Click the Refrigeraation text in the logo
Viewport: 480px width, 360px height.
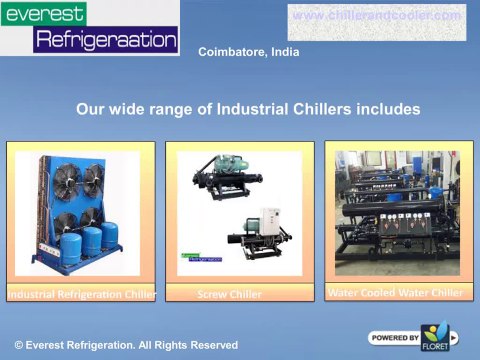tap(105, 40)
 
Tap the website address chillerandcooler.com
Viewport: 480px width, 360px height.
tap(377, 16)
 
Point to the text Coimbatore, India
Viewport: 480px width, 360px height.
tap(249, 52)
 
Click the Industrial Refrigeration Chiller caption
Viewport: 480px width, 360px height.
tap(81, 295)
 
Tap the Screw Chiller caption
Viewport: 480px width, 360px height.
tap(230, 295)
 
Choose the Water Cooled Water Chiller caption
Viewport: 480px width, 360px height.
tap(396, 293)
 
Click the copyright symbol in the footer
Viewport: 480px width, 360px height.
tap(18, 345)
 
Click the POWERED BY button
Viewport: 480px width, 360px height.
tap(394, 337)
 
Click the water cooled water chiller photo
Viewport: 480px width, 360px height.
tap(396, 214)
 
